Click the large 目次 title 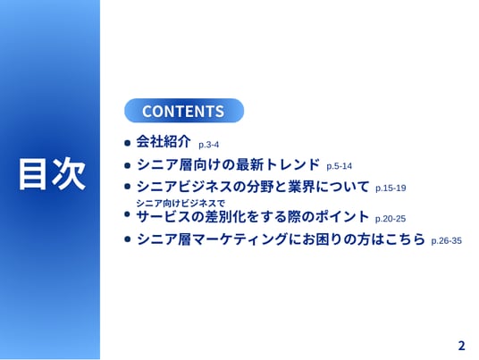[x=52, y=174]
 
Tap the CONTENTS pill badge [x=184, y=111]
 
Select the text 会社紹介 [x=164, y=141]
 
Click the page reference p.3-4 [x=208, y=145]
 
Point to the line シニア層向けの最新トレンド [x=228, y=164]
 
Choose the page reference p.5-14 [x=339, y=166]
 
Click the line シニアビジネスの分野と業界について [x=253, y=187]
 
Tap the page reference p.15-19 [x=391, y=188]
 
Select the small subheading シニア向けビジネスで [x=181, y=203]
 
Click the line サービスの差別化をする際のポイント [x=252, y=217]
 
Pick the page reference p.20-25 [x=391, y=219]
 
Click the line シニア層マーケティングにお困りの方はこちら [x=281, y=239]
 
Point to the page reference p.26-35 [x=446, y=240]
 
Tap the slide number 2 [x=461, y=346]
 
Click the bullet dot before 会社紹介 [x=128, y=143]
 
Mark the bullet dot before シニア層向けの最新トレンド [x=128, y=165]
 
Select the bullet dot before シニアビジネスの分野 [x=128, y=187]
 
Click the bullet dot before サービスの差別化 [x=128, y=214]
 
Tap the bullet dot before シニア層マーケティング [x=128, y=239]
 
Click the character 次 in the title [x=70, y=174]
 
